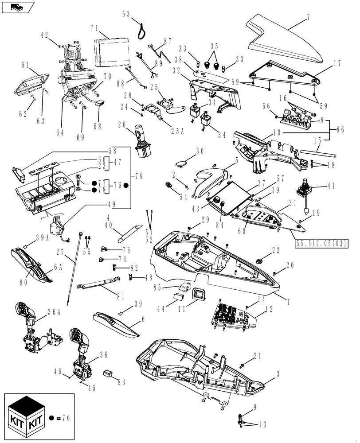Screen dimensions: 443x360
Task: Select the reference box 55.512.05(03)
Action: pyautogui.click(x=320, y=243)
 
